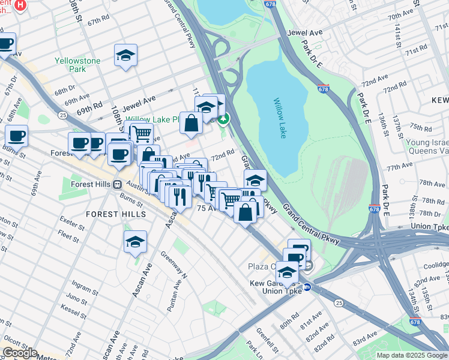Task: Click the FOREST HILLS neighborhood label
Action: click(x=115, y=214)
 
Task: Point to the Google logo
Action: click(x=19, y=353)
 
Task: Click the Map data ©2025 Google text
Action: click(x=412, y=355)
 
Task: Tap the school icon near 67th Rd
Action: click(x=125, y=56)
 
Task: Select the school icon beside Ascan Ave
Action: click(x=136, y=242)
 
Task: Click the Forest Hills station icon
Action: click(x=118, y=184)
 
